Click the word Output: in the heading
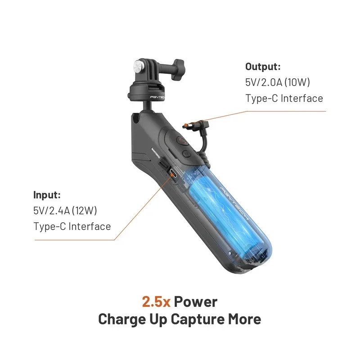pos(263,67)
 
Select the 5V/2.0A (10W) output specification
pos(278,82)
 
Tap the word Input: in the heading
pos(47,195)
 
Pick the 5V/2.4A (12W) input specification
pos(66,211)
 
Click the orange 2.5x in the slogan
pos(156,301)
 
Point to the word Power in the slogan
pos(196,301)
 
